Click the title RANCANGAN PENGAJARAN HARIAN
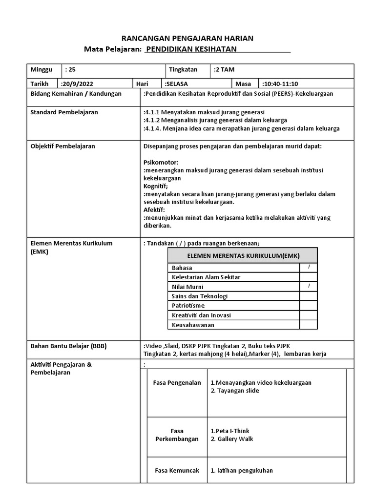tap(187, 38)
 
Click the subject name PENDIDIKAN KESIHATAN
tap(191, 49)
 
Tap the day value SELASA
tap(177, 83)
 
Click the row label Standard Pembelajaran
tap(64, 112)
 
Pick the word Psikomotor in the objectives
tap(161, 162)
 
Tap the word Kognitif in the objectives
tap(156, 186)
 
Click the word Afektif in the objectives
tap(155, 209)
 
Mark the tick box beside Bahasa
tap(309, 267)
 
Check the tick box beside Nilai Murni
tap(309, 286)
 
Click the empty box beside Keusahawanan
tap(309, 325)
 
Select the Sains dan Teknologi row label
tap(200, 296)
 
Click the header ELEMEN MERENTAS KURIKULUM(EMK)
tap(243, 256)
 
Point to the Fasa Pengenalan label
tap(177, 383)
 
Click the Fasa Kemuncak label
tap(177, 471)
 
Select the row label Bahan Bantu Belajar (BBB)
tap(68, 346)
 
